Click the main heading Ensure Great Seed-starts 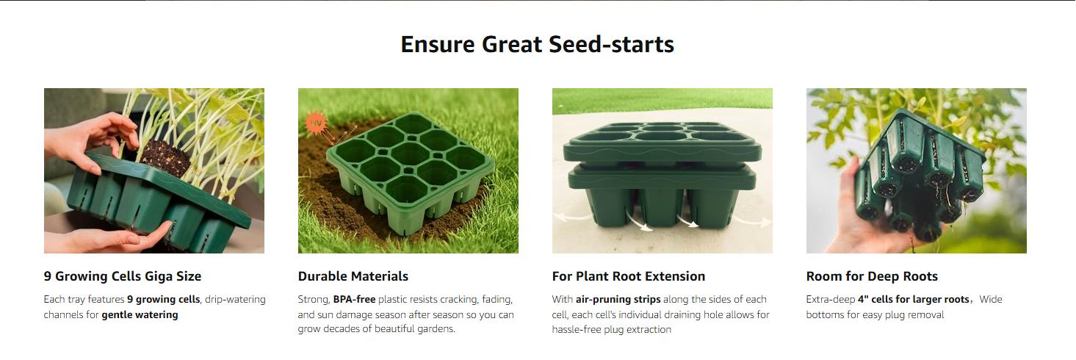coord(537,44)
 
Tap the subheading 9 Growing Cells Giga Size coord(122,276)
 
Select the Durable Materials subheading coord(353,276)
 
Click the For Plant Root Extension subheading coord(628,276)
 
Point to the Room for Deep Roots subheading coord(872,276)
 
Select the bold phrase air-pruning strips coord(618,300)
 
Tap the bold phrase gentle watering coord(140,315)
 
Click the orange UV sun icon coord(316,123)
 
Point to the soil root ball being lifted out coord(166,156)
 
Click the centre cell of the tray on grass coord(410,155)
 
